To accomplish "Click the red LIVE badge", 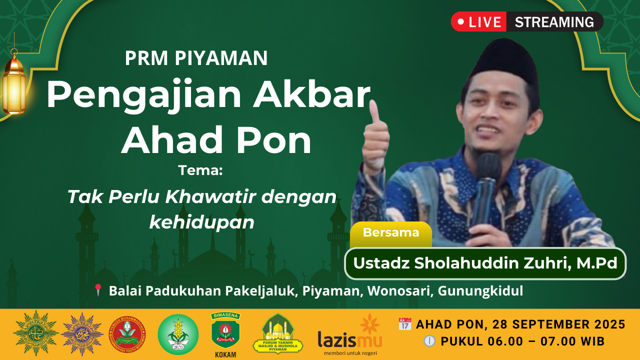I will [478, 22].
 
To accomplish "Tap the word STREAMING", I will [554, 22].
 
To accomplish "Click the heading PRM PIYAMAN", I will [196, 58].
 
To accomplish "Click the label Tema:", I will [200, 170].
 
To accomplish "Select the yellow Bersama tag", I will [390, 232].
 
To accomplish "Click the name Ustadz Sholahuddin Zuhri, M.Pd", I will [485, 263].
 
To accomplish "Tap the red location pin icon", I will [98, 290].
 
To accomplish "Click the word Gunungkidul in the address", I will [480, 290].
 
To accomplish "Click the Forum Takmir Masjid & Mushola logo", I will [278, 334].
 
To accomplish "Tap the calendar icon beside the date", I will [404, 324].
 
